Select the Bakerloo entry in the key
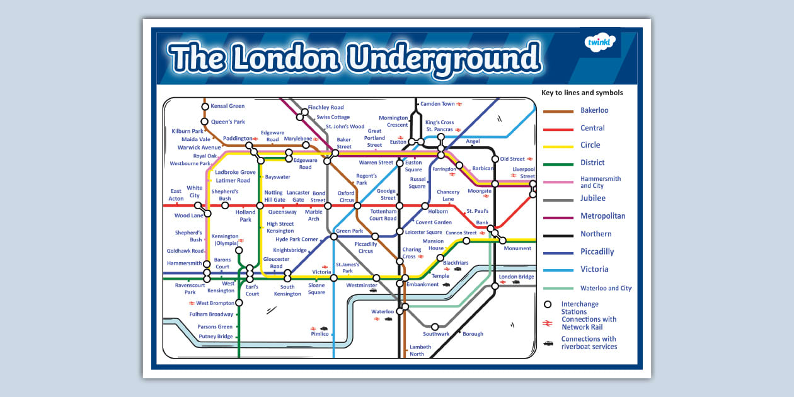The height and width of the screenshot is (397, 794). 594,110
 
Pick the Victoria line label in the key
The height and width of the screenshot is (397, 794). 594,269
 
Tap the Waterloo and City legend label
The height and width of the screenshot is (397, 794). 606,288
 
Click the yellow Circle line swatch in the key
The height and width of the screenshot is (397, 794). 558,146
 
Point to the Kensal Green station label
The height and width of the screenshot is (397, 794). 227,106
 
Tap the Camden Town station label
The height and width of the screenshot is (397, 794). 437,103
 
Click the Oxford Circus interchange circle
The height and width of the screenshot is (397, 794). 357,205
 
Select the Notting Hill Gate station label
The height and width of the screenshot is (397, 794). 274,196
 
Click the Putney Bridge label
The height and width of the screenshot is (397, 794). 216,337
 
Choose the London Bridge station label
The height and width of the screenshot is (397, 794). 516,277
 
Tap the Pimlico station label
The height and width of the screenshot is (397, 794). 319,334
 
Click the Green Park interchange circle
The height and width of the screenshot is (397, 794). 334,237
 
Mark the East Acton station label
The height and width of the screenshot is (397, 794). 176,195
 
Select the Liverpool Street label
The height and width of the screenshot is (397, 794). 524,173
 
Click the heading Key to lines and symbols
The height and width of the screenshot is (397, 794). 582,93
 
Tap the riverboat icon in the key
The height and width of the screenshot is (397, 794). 548,343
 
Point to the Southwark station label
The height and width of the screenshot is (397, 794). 436,334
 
